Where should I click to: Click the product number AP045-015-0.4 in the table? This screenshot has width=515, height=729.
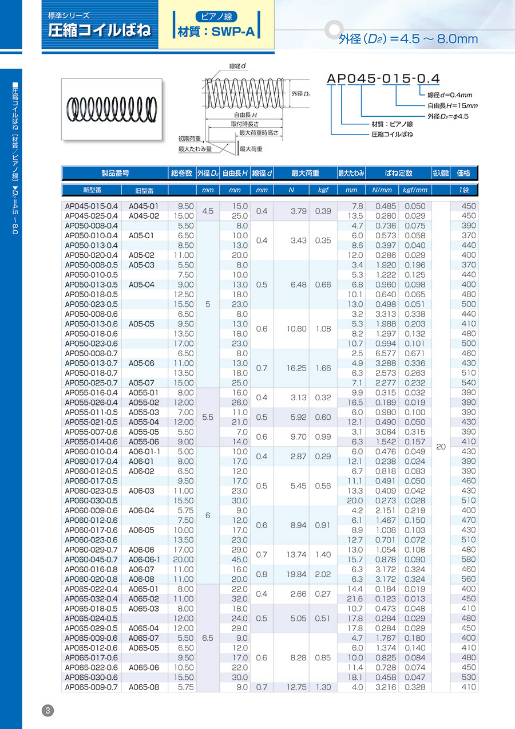pyautogui.click(x=92, y=206)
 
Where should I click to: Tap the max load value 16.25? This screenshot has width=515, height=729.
pyautogui.click(x=298, y=368)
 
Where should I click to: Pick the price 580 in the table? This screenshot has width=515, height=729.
pyautogui.click(x=468, y=559)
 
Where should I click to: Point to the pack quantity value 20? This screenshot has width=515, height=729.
pyautogui.click(x=441, y=447)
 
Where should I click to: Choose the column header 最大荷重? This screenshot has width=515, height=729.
pyautogui.click(x=305, y=173)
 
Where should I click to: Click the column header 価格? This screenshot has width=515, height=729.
pyautogui.click(x=464, y=173)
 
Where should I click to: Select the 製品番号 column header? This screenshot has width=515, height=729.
pyautogui.click(x=114, y=173)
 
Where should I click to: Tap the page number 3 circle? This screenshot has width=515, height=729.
pyautogui.click(x=48, y=711)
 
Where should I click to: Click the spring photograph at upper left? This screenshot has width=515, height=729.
pyautogui.click(x=112, y=109)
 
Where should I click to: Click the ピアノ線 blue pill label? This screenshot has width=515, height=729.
pyautogui.click(x=217, y=17)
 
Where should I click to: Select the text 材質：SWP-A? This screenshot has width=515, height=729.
pyautogui.click(x=216, y=32)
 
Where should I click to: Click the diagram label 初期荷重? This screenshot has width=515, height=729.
pyautogui.click(x=189, y=139)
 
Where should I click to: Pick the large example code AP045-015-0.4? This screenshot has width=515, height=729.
pyautogui.click(x=383, y=78)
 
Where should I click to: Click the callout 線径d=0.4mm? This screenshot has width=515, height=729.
pyautogui.click(x=450, y=95)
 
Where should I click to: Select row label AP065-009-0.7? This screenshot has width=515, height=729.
pyautogui.click(x=92, y=687)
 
